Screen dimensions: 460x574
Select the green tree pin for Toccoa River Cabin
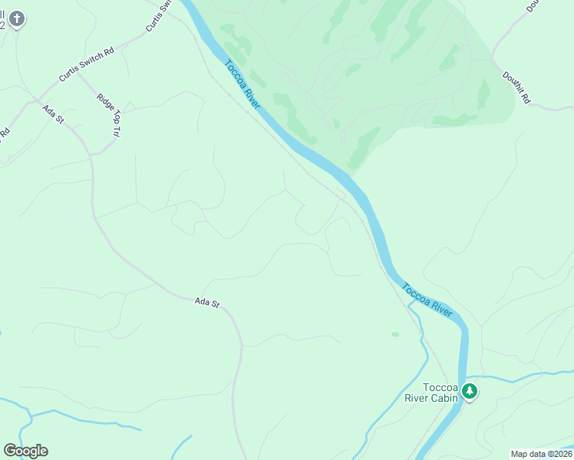[470, 392]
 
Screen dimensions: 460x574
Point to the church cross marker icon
[17, 18]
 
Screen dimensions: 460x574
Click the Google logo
[25, 451]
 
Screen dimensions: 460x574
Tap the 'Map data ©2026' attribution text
[541, 454]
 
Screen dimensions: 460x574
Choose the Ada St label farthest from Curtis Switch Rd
[207, 304]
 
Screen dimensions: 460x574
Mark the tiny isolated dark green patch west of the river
[395, 334]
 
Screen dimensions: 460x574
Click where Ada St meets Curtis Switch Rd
[35, 100]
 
